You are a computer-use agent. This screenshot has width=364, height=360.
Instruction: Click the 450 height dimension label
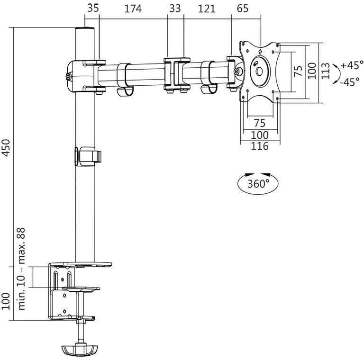[6, 148]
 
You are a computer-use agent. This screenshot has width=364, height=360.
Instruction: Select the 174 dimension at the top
[133, 9]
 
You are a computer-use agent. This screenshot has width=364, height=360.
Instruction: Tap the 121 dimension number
[206, 9]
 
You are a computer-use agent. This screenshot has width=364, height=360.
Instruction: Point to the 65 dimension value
[243, 9]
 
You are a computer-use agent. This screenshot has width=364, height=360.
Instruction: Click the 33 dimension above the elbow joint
[175, 9]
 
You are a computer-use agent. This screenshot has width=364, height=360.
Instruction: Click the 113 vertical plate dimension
[326, 71]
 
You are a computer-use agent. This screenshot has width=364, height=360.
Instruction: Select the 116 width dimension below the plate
[260, 146]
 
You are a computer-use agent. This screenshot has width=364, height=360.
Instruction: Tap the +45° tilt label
[352, 65]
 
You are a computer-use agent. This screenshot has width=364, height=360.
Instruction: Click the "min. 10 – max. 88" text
[22, 269]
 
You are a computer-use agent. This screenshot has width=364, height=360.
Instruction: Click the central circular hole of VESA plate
[259, 71]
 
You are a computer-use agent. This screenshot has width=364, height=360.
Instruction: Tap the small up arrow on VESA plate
[260, 51]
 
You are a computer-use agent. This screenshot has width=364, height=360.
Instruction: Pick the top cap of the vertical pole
[85, 29]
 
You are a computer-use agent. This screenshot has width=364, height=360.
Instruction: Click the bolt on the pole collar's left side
[68, 77]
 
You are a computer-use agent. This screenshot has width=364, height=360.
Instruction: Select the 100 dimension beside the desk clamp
[6, 301]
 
